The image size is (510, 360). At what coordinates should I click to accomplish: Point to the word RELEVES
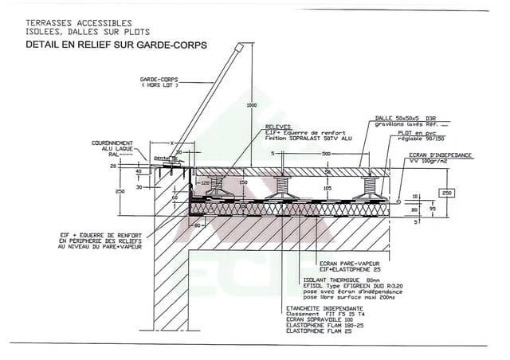pos(279,127)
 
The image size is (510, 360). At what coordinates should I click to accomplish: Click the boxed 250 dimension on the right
pos(447,194)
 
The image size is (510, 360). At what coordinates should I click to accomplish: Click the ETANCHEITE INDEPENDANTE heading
pos(325,307)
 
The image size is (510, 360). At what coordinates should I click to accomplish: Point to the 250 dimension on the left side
pos(120,192)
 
